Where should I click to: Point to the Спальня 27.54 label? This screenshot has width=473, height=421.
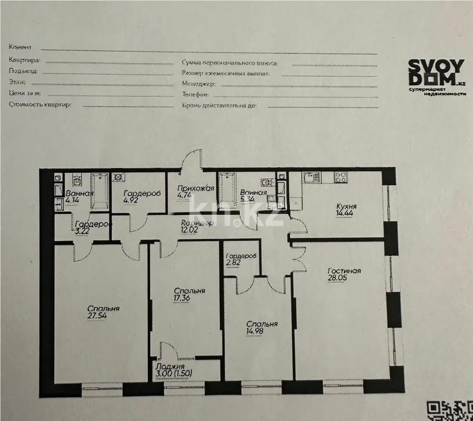point(103,312)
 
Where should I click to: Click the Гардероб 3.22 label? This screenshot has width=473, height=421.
point(92,227)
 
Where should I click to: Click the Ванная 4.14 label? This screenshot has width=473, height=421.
point(79,197)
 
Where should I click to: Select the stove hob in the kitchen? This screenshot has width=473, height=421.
point(340,177)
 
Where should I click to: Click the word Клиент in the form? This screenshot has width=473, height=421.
point(20,47)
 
